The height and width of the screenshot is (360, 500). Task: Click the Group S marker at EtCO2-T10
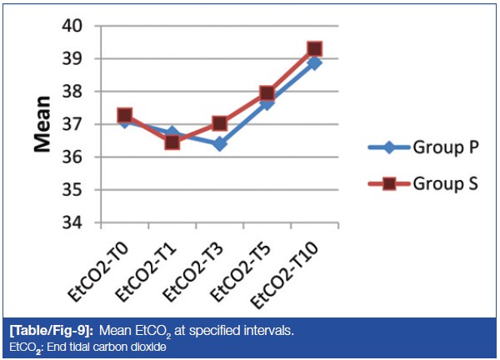[314, 49]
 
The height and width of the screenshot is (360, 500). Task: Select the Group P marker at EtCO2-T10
[314, 62]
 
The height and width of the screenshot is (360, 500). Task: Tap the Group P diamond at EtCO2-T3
[219, 144]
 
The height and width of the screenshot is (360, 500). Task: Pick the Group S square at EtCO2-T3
[219, 123]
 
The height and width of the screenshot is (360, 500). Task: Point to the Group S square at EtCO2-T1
[172, 142]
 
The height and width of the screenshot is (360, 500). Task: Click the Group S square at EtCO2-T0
[124, 115]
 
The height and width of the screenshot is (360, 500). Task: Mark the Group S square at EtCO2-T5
[267, 92]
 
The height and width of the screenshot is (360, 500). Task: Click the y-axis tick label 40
[72, 26]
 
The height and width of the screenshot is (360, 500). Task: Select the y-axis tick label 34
[72, 223]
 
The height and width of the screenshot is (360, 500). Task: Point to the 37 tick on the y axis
[72, 124]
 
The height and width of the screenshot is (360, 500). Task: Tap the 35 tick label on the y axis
[72, 190]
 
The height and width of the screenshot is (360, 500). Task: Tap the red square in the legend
[389, 183]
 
